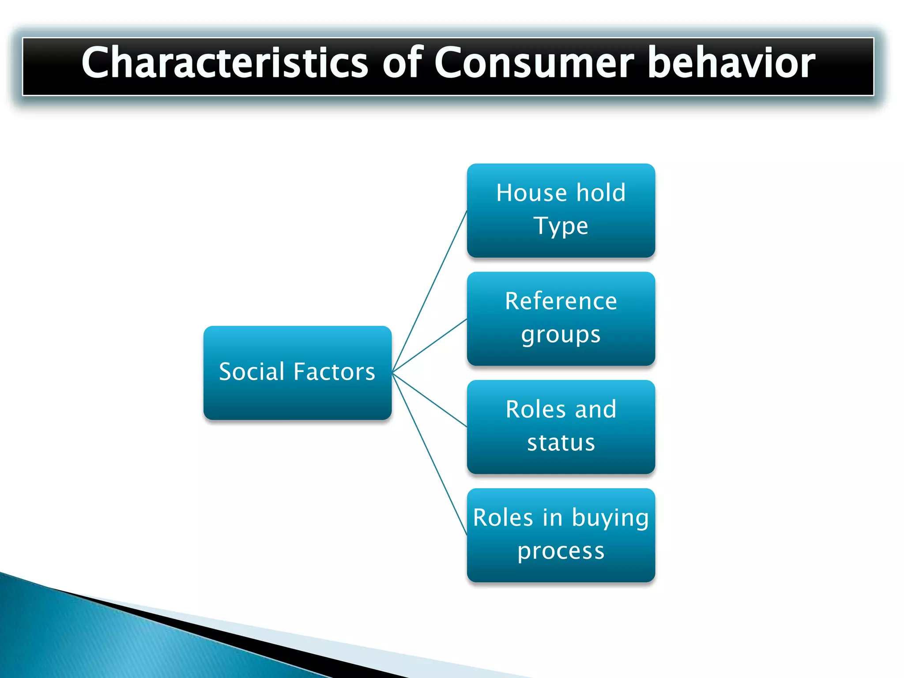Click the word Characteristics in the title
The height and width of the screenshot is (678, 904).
point(224,63)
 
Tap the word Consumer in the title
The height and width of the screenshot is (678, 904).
point(534,63)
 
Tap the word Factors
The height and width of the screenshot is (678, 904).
point(334,372)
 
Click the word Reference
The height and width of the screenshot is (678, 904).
point(561,301)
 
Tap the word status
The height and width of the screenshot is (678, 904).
point(561,443)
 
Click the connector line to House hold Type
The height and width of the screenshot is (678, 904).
point(429,292)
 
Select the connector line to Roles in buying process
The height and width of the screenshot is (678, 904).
point(429,454)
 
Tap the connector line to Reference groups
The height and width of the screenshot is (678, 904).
point(429,346)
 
